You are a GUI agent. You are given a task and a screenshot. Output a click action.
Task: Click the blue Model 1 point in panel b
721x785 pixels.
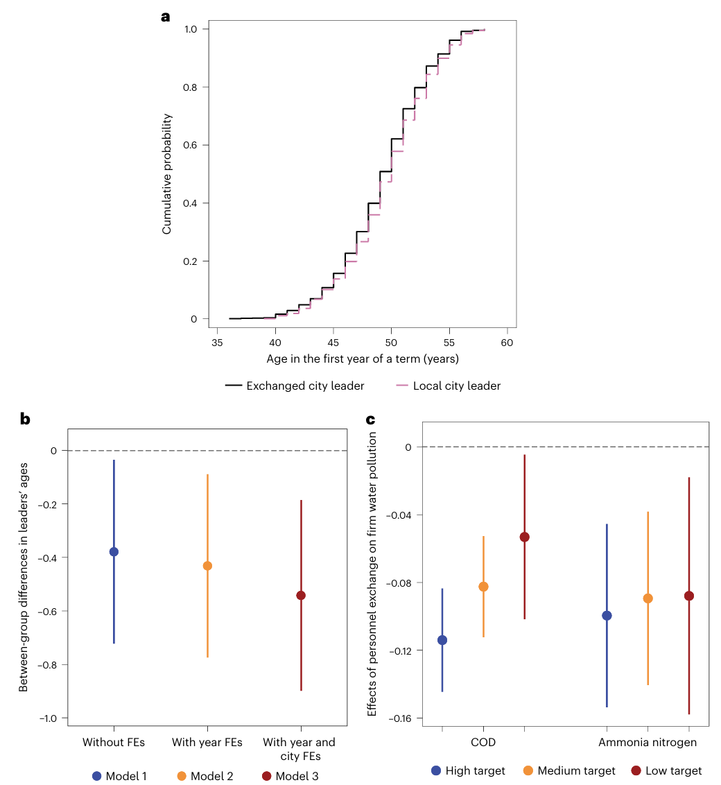pyautogui.click(x=114, y=552)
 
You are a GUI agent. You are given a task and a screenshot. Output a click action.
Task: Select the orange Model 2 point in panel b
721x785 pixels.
pyautogui.click(x=207, y=566)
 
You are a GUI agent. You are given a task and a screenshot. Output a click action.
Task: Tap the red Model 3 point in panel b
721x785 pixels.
pyautogui.click(x=301, y=596)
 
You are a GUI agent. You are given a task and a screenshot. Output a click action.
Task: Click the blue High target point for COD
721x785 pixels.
pyautogui.click(x=442, y=640)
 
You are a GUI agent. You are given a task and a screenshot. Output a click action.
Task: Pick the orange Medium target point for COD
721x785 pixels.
pyautogui.click(x=483, y=587)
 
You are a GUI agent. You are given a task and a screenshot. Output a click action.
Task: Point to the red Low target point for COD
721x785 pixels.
pyautogui.click(x=525, y=537)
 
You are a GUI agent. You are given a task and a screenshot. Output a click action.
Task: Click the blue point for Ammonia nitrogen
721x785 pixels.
pyautogui.click(x=607, y=615)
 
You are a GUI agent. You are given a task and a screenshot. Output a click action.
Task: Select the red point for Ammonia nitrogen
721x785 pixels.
pyautogui.click(x=689, y=596)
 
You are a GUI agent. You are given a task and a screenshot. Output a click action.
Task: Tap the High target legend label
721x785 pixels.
pyautogui.click(x=475, y=770)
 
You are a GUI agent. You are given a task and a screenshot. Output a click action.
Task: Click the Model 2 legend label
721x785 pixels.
pyautogui.click(x=213, y=776)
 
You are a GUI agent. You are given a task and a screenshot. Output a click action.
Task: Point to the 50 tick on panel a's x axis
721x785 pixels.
pyautogui.click(x=391, y=343)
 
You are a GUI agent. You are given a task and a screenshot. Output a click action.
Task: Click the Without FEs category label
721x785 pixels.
pyautogui.click(x=114, y=742)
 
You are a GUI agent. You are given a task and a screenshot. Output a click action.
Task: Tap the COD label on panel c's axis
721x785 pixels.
pyautogui.click(x=483, y=743)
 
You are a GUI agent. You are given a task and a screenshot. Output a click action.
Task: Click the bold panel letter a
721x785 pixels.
pyautogui.click(x=165, y=17)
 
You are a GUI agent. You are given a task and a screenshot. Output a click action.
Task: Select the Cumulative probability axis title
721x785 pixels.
pyautogui.click(x=167, y=173)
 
